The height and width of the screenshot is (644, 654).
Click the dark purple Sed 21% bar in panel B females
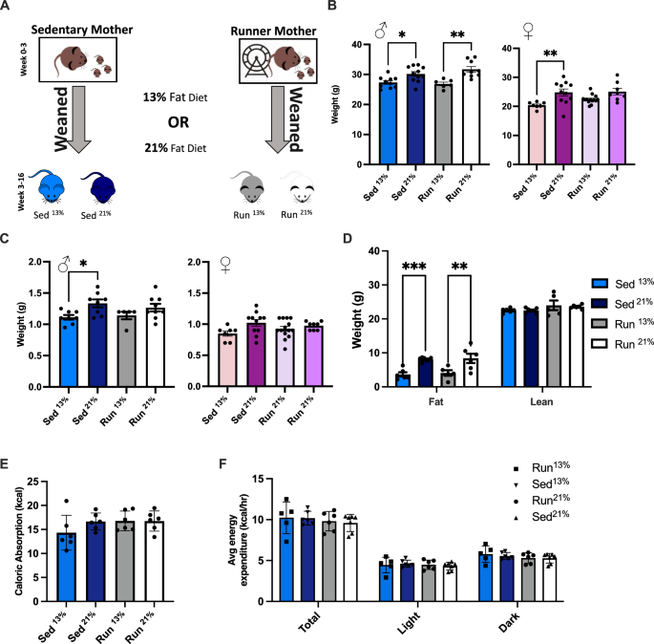[564, 127]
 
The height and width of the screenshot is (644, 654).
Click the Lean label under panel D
[524, 403]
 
